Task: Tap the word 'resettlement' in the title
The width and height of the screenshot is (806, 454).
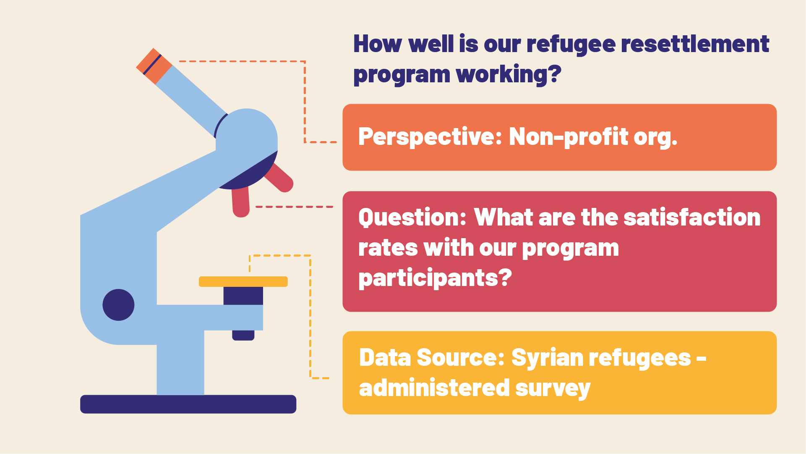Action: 695,44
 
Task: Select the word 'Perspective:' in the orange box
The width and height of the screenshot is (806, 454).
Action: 430,137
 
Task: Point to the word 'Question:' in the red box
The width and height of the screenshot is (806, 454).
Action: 412,218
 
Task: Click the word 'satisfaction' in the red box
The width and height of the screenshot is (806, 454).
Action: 692,218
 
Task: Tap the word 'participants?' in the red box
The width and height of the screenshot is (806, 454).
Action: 435,279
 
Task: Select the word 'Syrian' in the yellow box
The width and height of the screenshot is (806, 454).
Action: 548,358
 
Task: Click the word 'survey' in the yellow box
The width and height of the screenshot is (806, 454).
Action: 553,389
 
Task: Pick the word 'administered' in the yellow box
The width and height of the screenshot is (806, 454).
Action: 434,388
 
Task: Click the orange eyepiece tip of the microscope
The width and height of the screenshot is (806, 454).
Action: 154,66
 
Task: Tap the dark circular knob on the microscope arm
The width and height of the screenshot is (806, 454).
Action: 118,305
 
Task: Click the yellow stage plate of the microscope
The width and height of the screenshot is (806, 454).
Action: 243,281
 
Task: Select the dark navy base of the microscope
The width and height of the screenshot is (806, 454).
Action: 188,404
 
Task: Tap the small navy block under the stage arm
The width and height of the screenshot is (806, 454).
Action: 243,335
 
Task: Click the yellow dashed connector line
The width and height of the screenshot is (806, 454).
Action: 310,317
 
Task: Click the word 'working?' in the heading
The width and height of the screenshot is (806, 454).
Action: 509,74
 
